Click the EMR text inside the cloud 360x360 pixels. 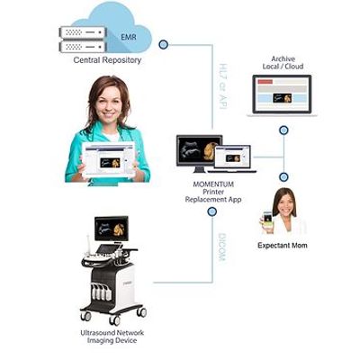129,37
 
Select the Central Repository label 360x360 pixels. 107,60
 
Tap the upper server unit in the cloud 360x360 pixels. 83,32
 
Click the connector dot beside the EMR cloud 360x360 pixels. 163,45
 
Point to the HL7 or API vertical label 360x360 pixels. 223,86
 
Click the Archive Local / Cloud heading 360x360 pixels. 283,63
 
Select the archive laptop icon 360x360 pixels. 282,95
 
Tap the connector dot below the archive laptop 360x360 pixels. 283,130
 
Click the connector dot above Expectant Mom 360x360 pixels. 283,176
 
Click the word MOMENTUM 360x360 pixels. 213,184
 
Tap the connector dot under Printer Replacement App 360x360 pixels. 212,211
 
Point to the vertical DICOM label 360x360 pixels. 221,247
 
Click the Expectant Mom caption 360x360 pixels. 283,246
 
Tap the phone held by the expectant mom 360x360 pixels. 268,220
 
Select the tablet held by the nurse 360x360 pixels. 109,159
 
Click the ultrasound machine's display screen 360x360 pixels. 112,229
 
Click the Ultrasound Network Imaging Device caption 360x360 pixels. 112,337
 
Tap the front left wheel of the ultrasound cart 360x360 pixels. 86,316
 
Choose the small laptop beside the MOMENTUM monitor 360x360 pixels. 232,158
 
